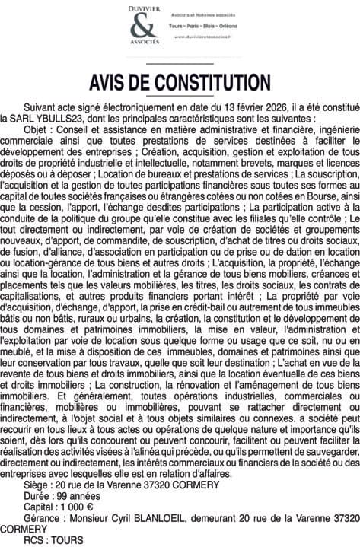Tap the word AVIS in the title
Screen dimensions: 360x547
pyautogui.click(x=113, y=81)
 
